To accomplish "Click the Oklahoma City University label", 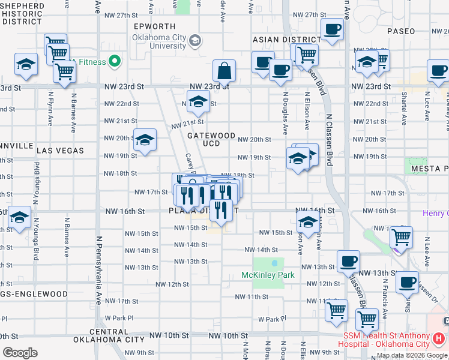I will tap(159, 41).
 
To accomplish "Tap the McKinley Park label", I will tap(268, 275).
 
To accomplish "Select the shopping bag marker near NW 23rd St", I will tap(224, 71).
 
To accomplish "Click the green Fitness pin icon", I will tap(115, 61).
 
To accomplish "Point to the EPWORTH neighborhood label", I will tap(155, 26).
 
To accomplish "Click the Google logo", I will tap(20, 353).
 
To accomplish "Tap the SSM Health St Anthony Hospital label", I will tap(387, 340).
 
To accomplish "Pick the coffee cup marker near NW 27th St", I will tap(332, 29).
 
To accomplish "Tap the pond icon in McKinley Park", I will tap(275, 263).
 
